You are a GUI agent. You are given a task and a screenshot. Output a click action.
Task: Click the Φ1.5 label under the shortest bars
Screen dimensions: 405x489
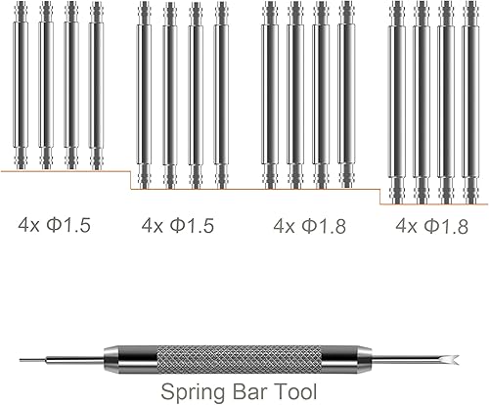67,226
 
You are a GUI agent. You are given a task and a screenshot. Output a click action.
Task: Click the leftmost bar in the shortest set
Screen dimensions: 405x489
22,85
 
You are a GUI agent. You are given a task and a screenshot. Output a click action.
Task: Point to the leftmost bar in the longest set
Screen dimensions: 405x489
395,104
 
